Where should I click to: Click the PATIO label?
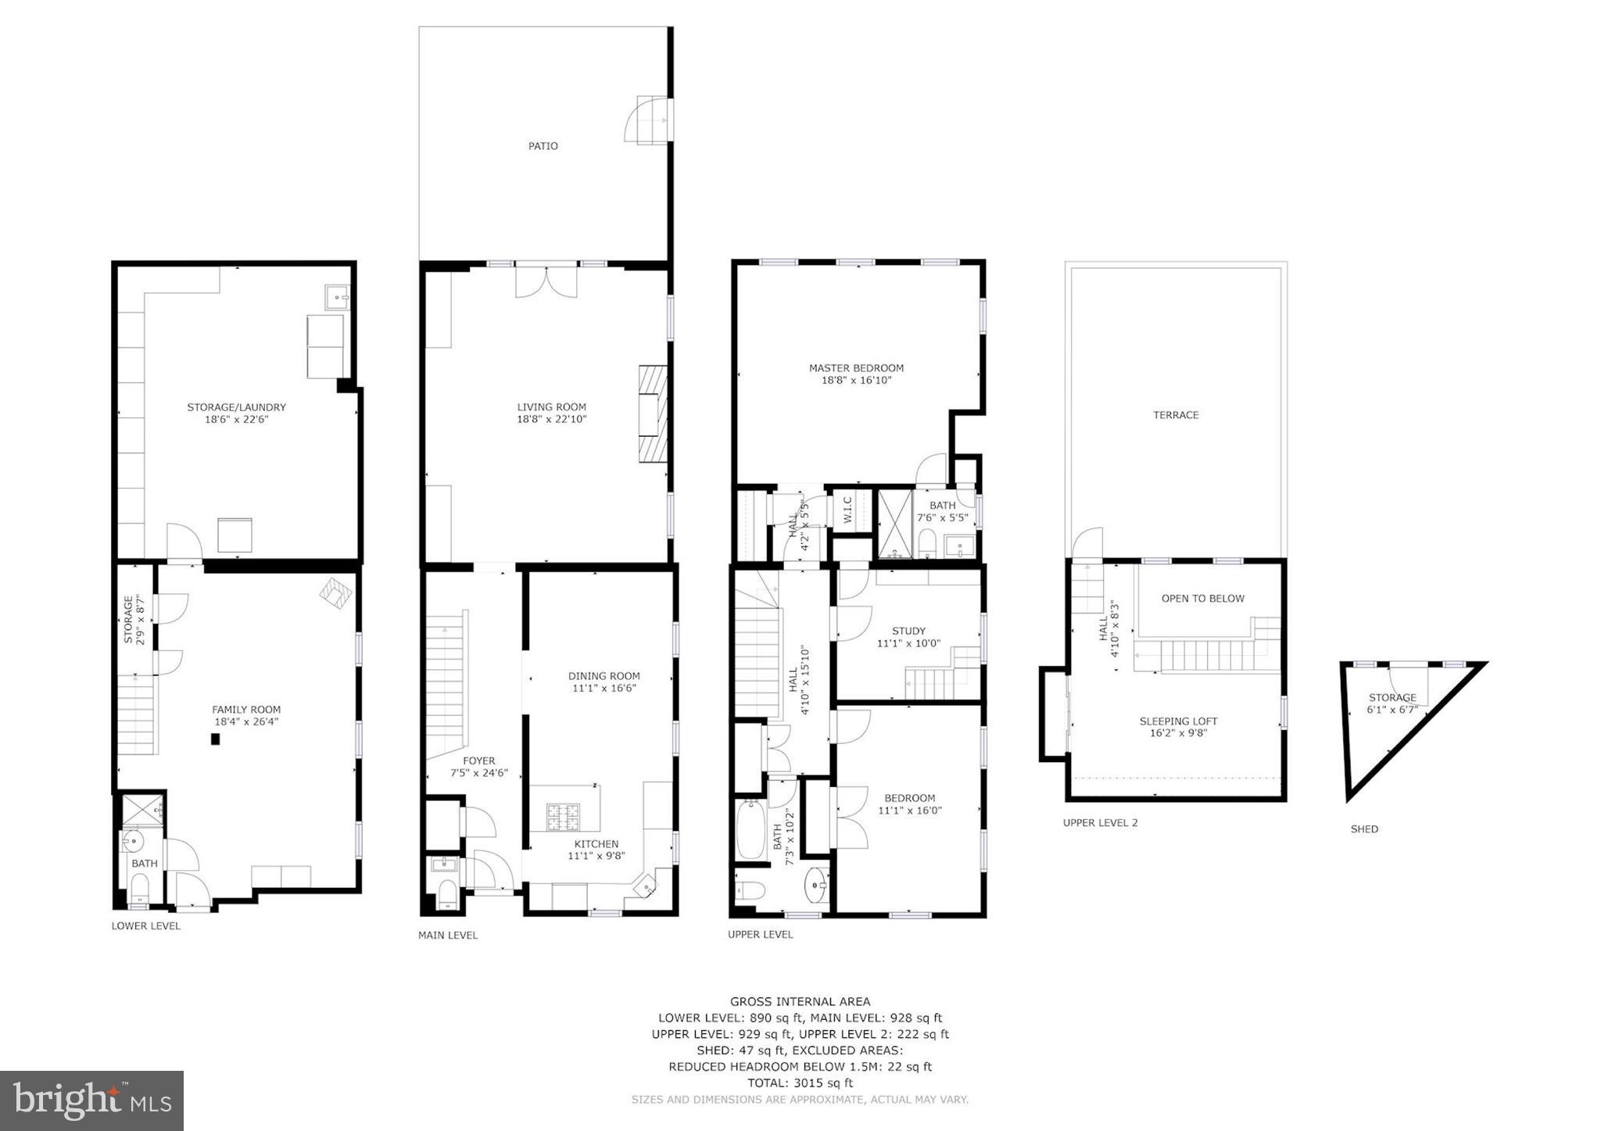tap(543, 146)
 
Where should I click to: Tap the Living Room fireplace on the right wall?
tap(653, 413)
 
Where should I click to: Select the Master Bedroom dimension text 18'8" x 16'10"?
tap(856, 381)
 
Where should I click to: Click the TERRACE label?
tap(1175, 415)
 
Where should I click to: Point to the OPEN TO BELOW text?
tap(1202, 599)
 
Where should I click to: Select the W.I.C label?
tap(848, 511)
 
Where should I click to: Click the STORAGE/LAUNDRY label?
tap(236, 407)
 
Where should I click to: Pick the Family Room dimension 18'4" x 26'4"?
tap(246, 721)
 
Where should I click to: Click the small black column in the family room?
tap(215, 739)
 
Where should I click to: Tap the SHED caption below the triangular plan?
tap(1363, 829)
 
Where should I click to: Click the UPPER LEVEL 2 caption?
tap(1100, 823)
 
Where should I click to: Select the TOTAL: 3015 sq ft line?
tap(800, 1083)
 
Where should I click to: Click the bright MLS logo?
tap(91, 1101)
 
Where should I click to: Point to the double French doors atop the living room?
tap(546, 282)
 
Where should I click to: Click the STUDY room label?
tap(908, 631)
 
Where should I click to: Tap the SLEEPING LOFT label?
tap(1178, 721)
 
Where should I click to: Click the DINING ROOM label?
tap(604, 676)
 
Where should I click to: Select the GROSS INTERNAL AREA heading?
tap(800, 1001)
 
